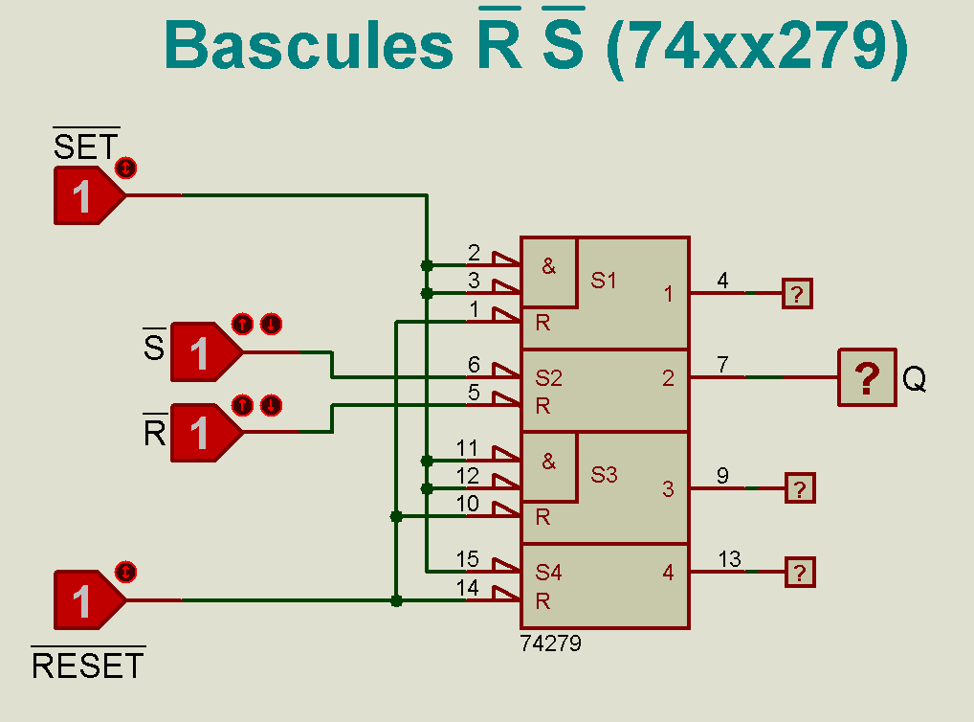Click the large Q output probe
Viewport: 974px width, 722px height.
[x=867, y=377]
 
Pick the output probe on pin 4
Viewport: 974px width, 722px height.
[x=798, y=293]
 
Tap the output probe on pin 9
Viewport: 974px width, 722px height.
[x=800, y=488]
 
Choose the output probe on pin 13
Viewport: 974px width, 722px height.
[x=800, y=573]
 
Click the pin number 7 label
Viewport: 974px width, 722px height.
[x=722, y=365]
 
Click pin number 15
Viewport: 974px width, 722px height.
[x=468, y=559]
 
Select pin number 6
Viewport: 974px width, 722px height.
[x=474, y=365]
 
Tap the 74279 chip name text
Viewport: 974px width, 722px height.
[x=550, y=643]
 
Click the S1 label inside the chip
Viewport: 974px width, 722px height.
[x=604, y=281]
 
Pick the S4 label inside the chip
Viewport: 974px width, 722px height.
[x=548, y=573]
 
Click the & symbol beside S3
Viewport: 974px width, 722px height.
[x=548, y=462]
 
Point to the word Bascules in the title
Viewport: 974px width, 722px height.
[x=307, y=45]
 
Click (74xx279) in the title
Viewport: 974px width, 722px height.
[x=756, y=45]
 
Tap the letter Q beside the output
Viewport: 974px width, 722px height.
[x=915, y=380]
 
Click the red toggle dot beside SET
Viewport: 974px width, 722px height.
[x=125, y=169]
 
